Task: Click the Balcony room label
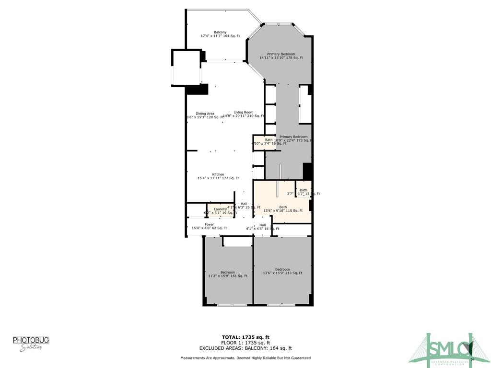pos(220,32)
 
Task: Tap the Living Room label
pos(244,112)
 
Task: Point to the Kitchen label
pos(218,174)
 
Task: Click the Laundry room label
pos(221,209)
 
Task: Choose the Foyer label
pos(209,224)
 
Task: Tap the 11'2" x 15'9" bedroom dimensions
pos(228,276)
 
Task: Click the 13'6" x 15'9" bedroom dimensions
pos(282,273)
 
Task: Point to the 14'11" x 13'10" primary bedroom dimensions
pos(281,58)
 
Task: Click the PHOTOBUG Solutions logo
pos(31,343)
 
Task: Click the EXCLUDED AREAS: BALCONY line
pos(245,348)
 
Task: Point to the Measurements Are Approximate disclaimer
pos(245,358)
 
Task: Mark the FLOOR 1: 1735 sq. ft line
pos(245,343)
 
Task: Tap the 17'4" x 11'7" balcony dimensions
pos(220,36)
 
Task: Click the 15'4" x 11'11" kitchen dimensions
pos(218,178)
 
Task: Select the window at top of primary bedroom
pos(279,23)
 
